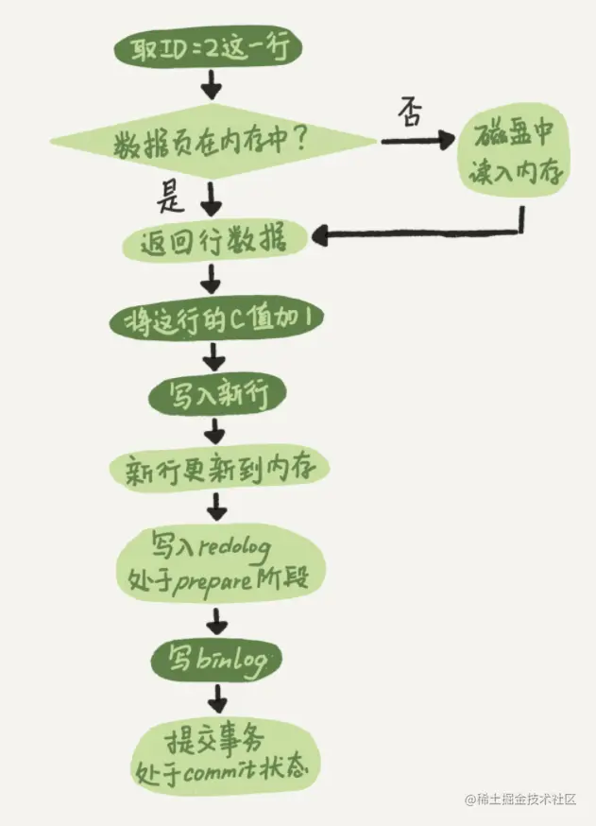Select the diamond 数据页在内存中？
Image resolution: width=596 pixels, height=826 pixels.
coord(213,143)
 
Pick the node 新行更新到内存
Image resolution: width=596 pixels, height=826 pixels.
coord(218,468)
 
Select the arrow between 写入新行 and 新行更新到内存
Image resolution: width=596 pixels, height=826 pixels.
coord(216,431)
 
